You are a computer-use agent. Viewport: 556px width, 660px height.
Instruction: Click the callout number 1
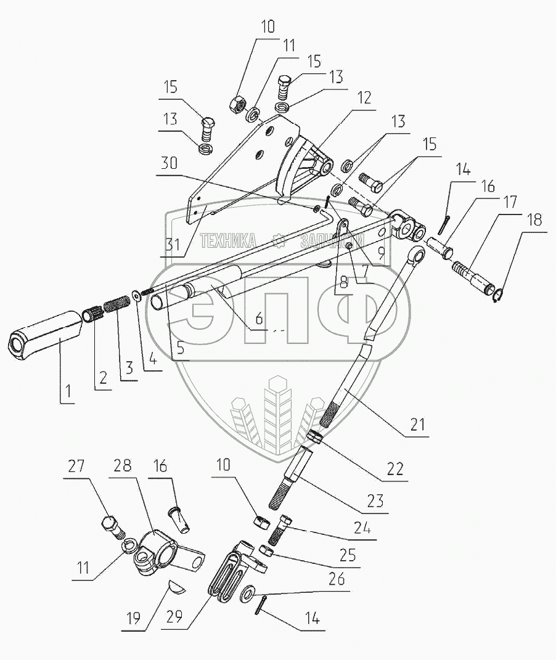pos(67,391)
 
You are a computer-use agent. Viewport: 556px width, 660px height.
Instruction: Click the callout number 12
pos(364,98)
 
